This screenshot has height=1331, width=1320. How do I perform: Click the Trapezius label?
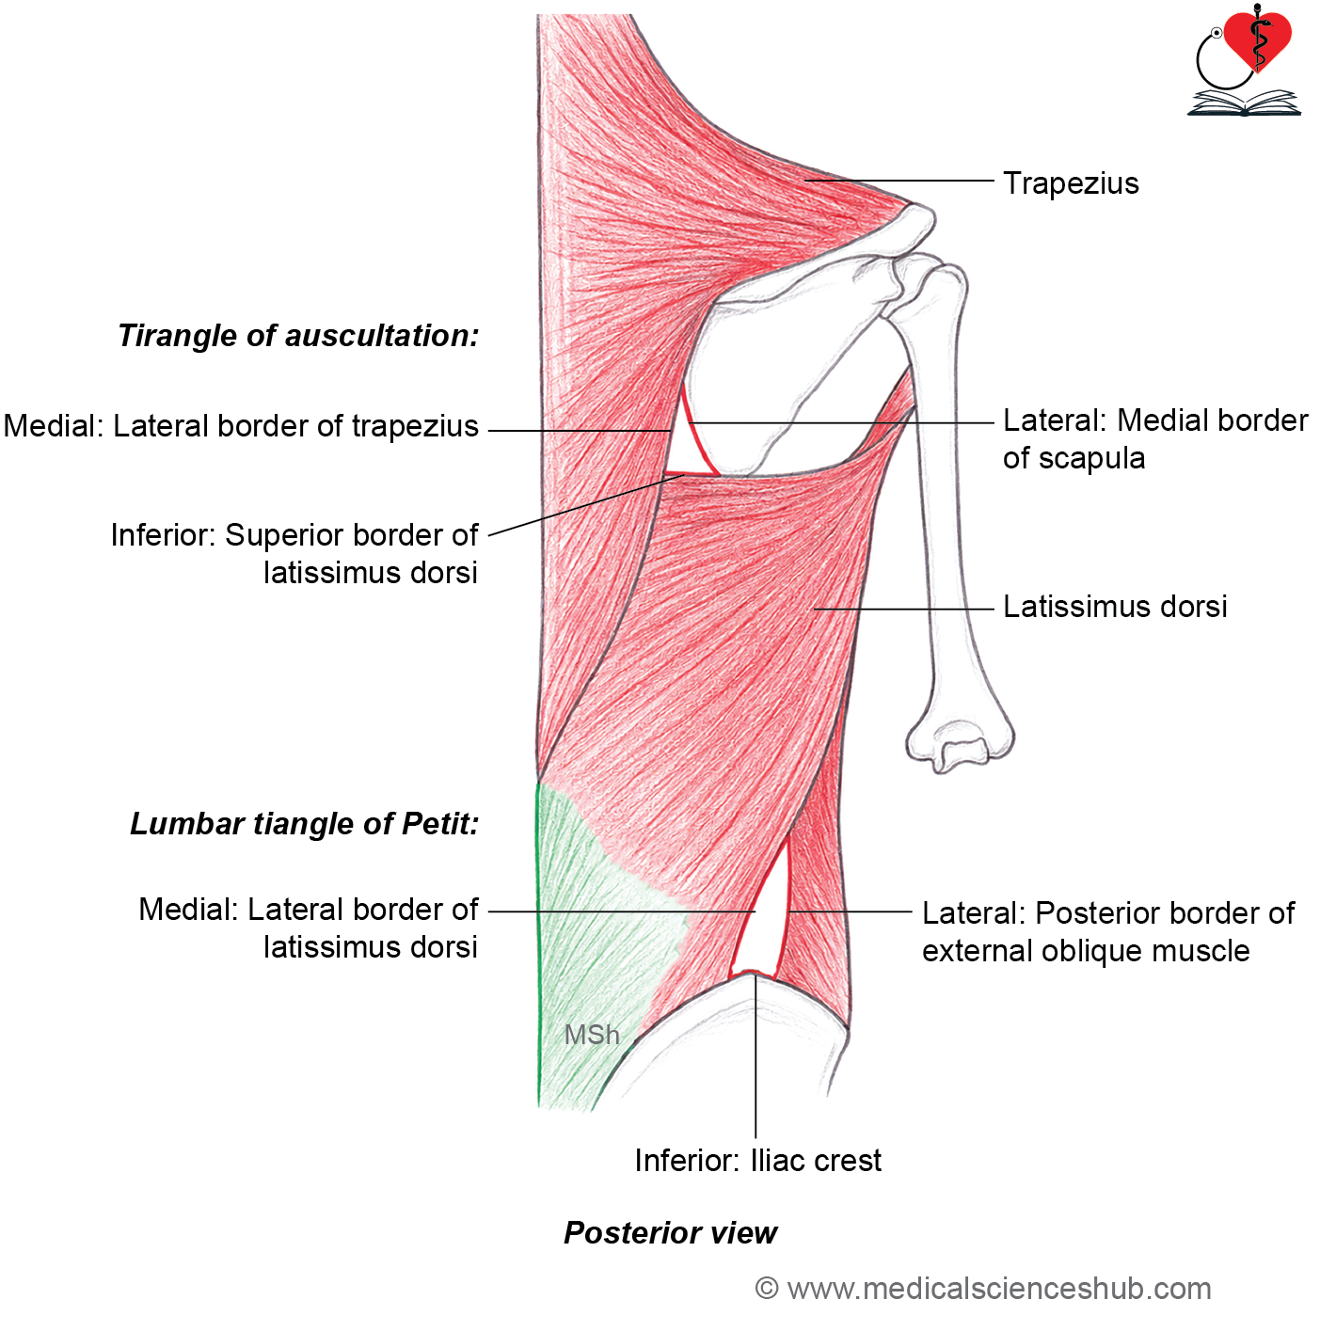coord(1070,183)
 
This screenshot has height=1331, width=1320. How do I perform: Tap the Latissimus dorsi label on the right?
coord(1114,607)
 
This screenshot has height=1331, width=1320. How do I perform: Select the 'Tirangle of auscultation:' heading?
coord(298,336)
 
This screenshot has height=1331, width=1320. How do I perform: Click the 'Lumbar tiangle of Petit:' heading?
coord(304,824)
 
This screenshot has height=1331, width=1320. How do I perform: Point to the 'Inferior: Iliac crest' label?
coord(757,1161)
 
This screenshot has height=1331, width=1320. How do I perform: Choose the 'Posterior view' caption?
coord(670,1233)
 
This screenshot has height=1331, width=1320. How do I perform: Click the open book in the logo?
coord(1244,103)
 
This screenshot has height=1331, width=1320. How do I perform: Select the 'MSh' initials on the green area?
coord(592,1035)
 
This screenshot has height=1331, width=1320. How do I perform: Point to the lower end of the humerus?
coord(960,745)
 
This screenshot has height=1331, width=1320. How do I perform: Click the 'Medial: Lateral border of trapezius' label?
coord(241,426)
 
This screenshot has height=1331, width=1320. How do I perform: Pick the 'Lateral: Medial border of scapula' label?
coord(1154,439)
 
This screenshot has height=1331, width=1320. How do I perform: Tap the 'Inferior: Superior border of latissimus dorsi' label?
coord(294,553)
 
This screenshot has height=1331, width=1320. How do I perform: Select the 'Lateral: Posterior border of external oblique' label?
coord(1107,932)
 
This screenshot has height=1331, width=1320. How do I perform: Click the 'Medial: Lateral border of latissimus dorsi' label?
coord(309,928)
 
